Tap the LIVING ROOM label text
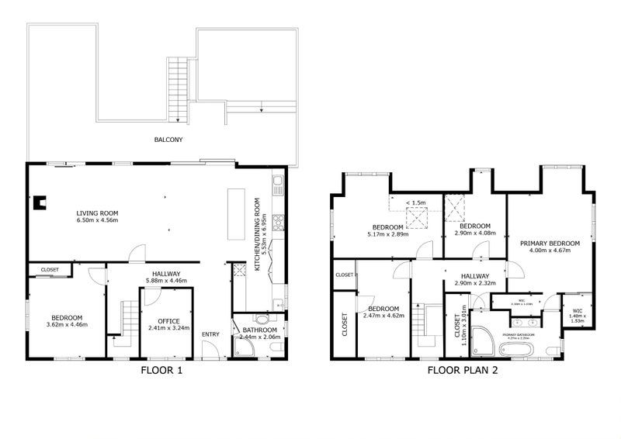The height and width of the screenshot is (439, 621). click(97, 213)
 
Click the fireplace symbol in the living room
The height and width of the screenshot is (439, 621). click(39, 203)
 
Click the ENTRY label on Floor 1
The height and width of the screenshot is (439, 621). click(211, 334)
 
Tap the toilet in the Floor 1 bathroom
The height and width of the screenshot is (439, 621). click(265, 320)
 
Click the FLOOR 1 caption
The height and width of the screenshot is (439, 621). click(161, 371)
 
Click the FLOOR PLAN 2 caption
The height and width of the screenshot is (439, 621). click(462, 371)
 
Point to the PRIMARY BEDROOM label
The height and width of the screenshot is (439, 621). click(550, 244)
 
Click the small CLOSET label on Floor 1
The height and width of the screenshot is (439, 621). click(50, 271)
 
